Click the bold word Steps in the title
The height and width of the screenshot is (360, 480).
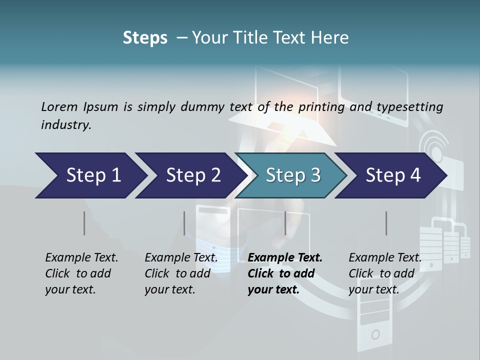(x=145, y=38)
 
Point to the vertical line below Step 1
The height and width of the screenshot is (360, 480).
(x=84, y=223)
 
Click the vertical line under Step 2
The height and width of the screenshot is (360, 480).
(x=184, y=223)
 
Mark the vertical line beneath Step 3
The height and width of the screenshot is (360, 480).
(x=285, y=223)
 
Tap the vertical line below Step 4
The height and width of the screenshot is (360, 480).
(x=386, y=223)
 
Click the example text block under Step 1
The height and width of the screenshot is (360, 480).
(x=81, y=273)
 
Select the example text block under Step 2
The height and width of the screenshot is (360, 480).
(x=181, y=273)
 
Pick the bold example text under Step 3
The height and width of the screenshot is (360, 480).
(x=285, y=273)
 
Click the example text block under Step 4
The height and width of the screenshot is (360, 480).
(x=385, y=273)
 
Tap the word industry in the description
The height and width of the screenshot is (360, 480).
(x=66, y=124)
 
